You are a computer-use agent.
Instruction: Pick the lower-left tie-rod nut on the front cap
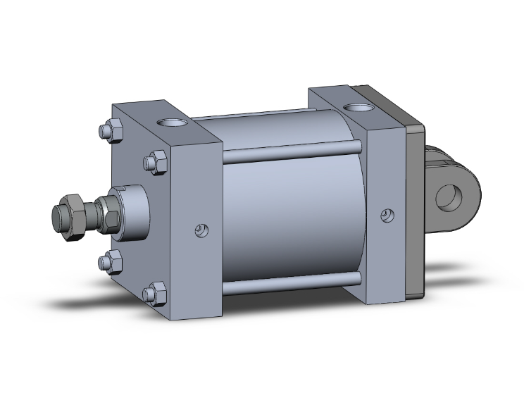click(106, 262)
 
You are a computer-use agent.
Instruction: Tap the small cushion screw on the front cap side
click(201, 229)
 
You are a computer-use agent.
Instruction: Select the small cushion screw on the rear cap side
click(385, 215)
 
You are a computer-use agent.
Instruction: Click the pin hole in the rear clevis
click(447, 197)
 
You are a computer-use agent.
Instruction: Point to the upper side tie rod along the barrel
click(292, 149)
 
